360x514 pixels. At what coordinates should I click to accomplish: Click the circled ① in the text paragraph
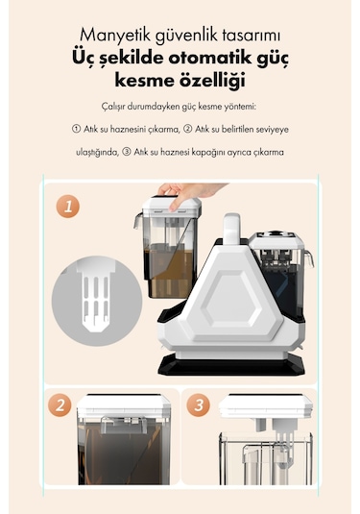tap(77, 129)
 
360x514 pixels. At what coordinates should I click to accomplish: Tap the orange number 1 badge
tap(66, 205)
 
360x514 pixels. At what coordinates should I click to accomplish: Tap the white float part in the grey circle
tap(95, 293)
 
